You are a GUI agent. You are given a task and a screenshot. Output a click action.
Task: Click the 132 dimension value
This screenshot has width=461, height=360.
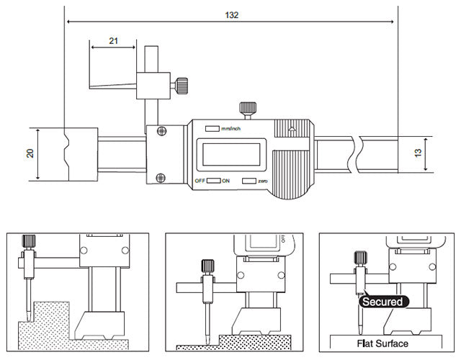pos(231,15)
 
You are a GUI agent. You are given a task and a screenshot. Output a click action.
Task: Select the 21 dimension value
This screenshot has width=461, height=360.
pos(114,41)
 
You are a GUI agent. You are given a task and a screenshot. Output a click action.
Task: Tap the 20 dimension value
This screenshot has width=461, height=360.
pos(30,153)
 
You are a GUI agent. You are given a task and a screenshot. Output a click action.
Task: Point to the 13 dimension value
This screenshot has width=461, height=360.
pos(418,153)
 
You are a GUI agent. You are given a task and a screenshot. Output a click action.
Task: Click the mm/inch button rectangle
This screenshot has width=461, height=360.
pos(212,128)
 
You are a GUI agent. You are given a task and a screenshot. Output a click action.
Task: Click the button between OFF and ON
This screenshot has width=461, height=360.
pos(213,181)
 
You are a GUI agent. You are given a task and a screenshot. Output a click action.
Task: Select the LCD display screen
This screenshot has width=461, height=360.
pos(231,155)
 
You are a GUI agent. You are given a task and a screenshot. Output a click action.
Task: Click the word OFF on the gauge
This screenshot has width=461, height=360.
pos(200,181)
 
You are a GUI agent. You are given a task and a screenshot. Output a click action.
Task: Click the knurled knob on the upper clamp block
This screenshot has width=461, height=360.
pos(182,86)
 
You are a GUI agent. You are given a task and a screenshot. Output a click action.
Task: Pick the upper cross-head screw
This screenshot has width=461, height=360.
pos(161,131)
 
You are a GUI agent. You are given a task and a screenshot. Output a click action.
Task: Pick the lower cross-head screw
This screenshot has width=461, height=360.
pos(161,178)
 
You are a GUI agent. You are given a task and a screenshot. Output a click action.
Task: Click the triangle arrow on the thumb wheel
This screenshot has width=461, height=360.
pos(292,129)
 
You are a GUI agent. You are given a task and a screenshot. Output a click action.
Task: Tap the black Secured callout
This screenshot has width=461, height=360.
pos(382,302)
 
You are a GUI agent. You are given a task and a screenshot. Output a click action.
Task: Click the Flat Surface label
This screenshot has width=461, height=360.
pos(382,343)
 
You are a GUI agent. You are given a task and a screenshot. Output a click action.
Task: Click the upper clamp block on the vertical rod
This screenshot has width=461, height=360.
pos(153,86)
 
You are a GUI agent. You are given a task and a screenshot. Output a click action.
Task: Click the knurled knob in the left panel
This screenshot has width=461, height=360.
pos(29,241)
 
